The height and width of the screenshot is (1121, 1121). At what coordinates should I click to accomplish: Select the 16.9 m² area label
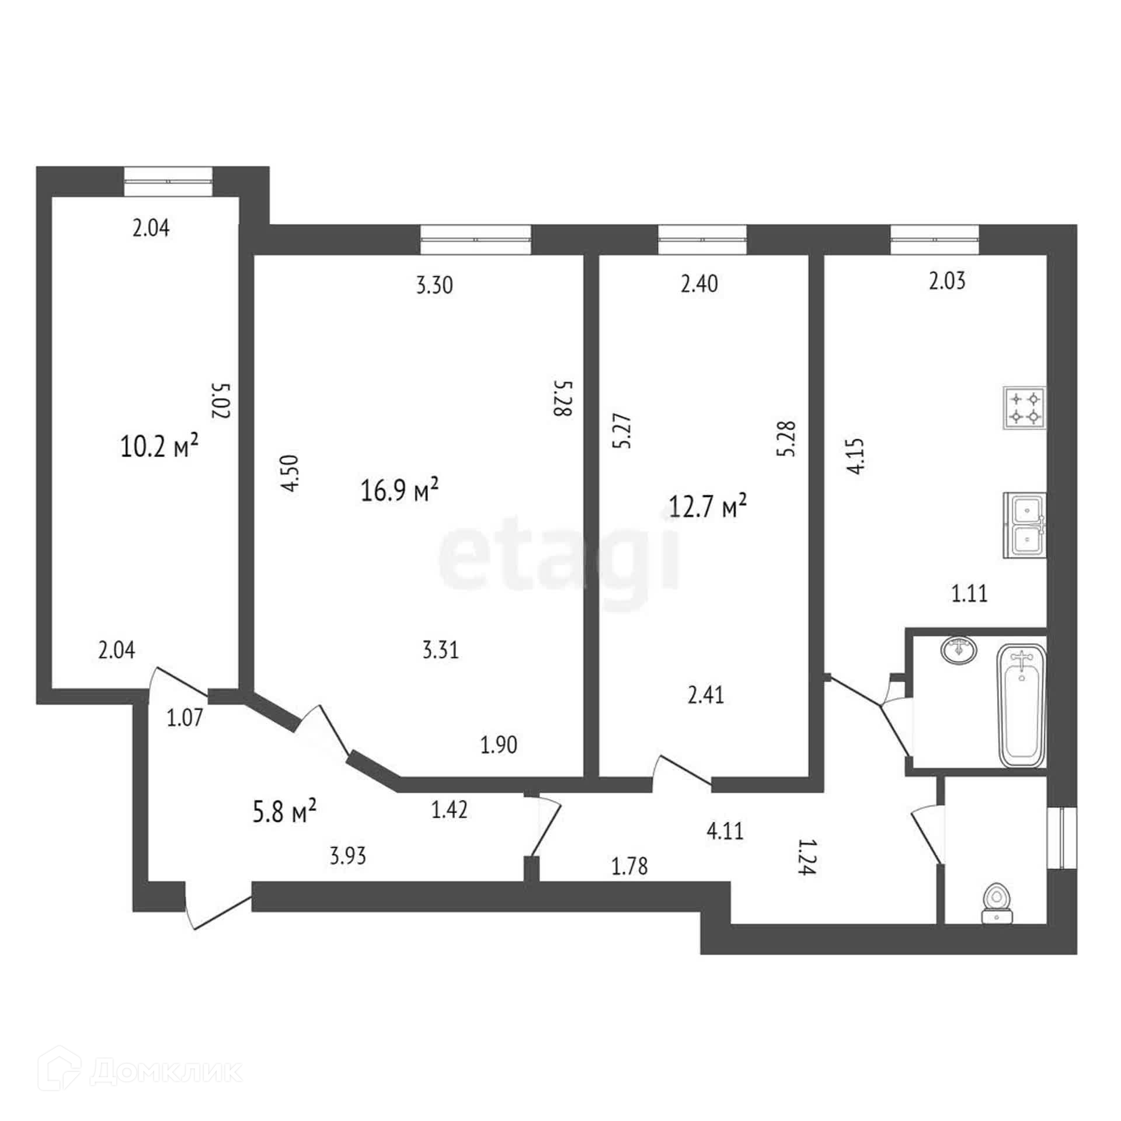pos(400,490)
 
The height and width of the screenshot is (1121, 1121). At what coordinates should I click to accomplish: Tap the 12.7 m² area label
pos(708,506)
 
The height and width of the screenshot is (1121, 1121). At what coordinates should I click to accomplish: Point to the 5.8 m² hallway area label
pos(285,812)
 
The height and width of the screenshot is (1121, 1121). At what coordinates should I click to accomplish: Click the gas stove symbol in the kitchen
pos(1025,408)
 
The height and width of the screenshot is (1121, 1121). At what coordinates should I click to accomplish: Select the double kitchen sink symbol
pos(1025,525)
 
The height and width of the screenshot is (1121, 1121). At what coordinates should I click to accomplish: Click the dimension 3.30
pos(434,286)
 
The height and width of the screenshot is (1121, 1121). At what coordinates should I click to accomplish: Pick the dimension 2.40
pos(699,284)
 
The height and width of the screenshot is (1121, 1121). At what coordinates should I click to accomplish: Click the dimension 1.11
pos(970,594)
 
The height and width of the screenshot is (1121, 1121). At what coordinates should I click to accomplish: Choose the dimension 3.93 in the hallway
pos(348,857)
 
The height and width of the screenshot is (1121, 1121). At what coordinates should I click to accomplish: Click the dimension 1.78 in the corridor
pos(630,866)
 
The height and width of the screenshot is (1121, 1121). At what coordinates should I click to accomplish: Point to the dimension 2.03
pos(947,281)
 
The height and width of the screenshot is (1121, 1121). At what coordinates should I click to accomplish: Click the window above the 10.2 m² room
pos(168,182)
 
